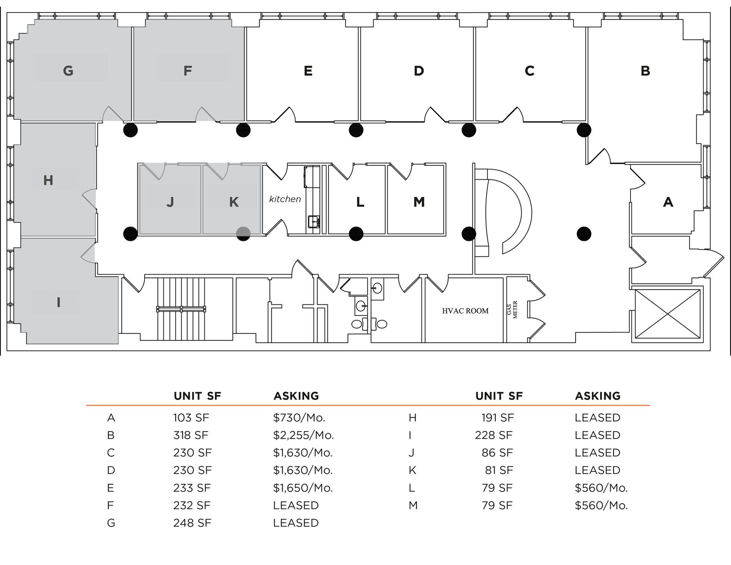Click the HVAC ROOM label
coord(465,311)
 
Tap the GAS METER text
coord(512,310)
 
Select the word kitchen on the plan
coord(285,199)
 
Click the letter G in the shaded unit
coord(68,70)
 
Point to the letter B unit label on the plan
coord(645,71)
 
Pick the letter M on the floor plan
coord(419,202)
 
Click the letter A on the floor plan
coord(668,202)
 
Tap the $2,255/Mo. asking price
coord(303,435)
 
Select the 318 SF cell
coord(190,435)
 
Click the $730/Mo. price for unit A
coord(299,417)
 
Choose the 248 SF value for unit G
coord(192,523)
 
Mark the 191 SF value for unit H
coord(497,417)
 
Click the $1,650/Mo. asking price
coord(303,488)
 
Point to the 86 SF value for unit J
coord(497,452)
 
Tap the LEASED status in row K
coord(597,470)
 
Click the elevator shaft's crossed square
coord(667,314)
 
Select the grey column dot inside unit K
coord(243,234)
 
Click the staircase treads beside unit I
coord(181,309)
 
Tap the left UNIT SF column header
coord(197,396)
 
